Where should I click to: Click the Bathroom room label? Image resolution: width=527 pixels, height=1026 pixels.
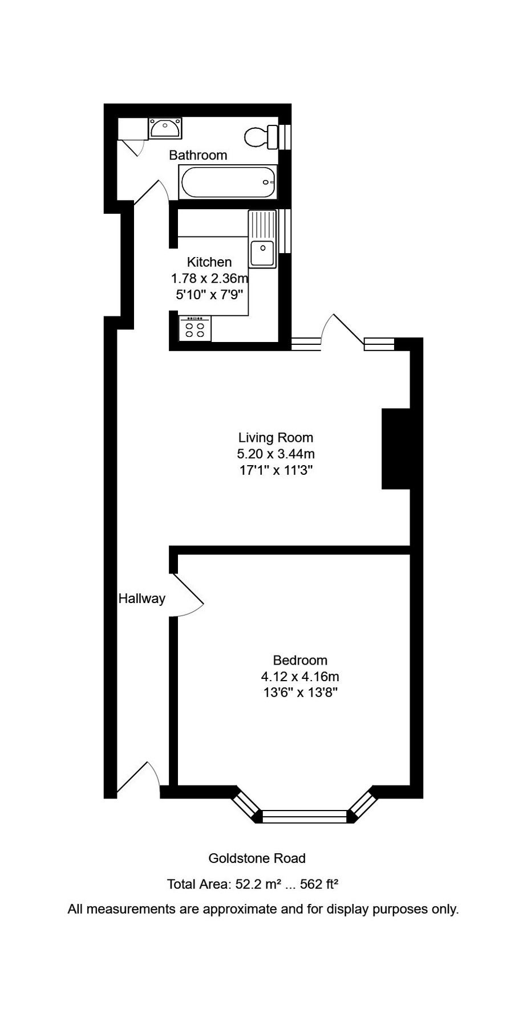[198, 155]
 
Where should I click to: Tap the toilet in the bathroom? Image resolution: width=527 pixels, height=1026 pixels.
[260, 136]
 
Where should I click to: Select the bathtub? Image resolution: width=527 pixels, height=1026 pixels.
[228, 182]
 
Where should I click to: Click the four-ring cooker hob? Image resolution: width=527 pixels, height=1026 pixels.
[195, 329]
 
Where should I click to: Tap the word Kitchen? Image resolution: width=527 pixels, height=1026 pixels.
[209, 262]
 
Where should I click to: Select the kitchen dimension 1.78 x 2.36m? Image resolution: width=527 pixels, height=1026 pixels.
[209, 279]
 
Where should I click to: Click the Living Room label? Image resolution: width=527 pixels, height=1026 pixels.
[275, 438]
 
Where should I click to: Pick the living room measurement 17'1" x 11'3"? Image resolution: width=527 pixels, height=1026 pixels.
[275, 471]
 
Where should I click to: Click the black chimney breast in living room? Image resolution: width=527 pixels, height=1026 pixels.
[396, 449]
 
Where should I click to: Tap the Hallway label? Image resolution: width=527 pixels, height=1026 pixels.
[141, 598]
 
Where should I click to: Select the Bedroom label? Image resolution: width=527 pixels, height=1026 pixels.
[300, 661]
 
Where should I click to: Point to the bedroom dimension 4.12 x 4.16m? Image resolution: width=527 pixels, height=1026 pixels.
[300, 677]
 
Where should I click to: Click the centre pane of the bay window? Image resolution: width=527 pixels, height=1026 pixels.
[305, 816]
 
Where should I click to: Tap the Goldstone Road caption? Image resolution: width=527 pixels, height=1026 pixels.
[257, 858]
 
